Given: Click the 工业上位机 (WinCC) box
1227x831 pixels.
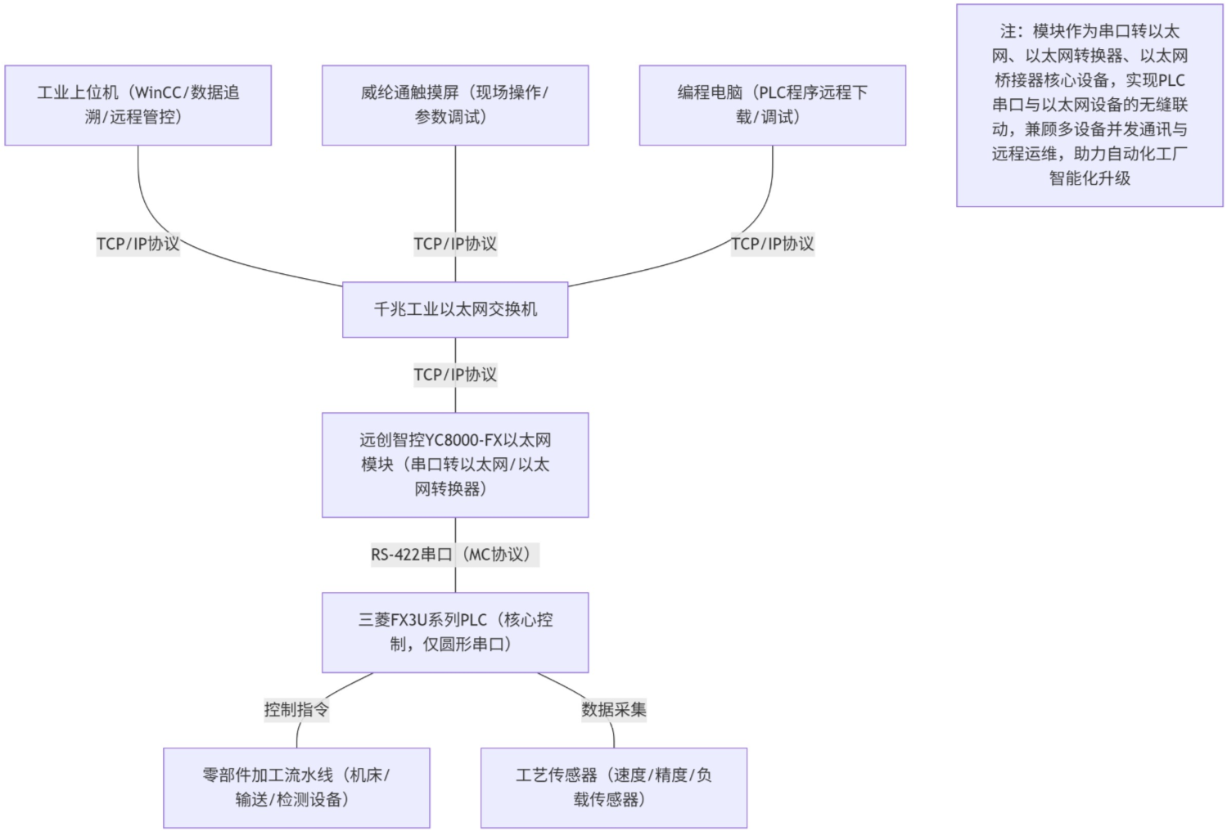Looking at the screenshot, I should pos(138,106).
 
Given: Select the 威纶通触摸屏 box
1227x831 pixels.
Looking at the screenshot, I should pos(455,106).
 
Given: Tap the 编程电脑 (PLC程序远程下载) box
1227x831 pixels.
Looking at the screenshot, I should pos(772,106).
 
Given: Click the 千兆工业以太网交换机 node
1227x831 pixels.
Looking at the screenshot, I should pos(455,309).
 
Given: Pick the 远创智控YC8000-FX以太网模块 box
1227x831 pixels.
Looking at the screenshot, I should pos(455,465).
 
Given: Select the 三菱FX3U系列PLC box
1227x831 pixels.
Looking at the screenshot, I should pos(455,632).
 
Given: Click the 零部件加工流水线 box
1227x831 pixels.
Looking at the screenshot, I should pos(296,787).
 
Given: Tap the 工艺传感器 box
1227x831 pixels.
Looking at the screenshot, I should pos(614,787).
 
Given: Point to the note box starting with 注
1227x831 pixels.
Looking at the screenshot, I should pos(1089,105).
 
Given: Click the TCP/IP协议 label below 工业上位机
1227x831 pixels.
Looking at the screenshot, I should pos(138,244).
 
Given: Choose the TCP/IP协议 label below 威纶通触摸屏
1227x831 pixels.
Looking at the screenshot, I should pos(455,244).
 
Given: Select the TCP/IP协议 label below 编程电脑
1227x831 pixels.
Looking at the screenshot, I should pos(772,244).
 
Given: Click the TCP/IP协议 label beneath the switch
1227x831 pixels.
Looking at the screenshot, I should pos(455,375).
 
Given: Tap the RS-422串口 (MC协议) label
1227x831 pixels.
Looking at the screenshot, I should pos(455,555).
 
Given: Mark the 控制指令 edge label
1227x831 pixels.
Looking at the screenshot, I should pos(296,709).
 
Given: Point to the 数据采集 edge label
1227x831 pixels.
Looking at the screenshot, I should pos(614,709).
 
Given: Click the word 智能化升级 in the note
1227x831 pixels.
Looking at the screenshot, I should pos(1089,178).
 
